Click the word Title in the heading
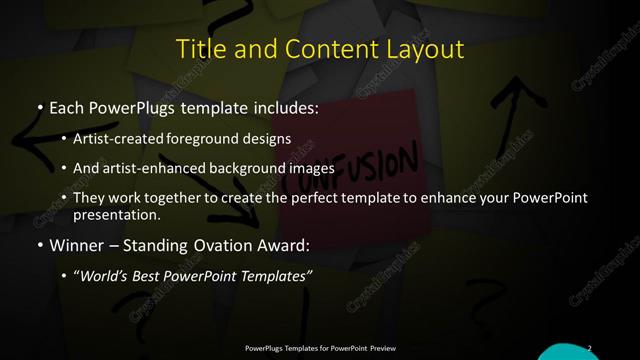(x=199, y=50)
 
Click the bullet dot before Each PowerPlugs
(x=39, y=105)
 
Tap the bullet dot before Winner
(x=39, y=243)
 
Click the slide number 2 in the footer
(x=589, y=348)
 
